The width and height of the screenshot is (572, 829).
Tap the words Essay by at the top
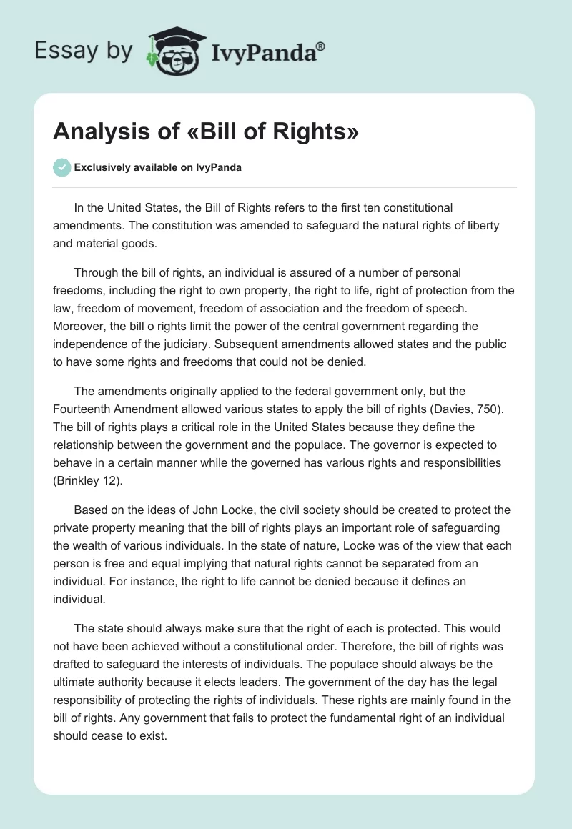[x=84, y=51]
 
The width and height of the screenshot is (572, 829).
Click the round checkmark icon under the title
[x=61, y=167]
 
